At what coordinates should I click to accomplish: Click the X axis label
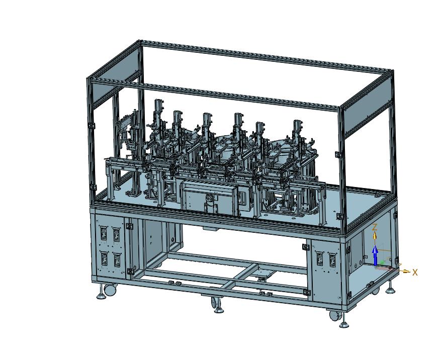[x=415, y=273]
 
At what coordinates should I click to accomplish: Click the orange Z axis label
[x=374, y=227]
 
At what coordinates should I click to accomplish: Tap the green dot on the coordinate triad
[x=382, y=262]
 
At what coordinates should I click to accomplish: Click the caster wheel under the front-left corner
[x=110, y=290]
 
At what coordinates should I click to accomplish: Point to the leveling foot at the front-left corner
[x=101, y=294]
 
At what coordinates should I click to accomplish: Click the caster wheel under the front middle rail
[x=215, y=303]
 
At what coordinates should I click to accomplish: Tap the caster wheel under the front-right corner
[x=334, y=316]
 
